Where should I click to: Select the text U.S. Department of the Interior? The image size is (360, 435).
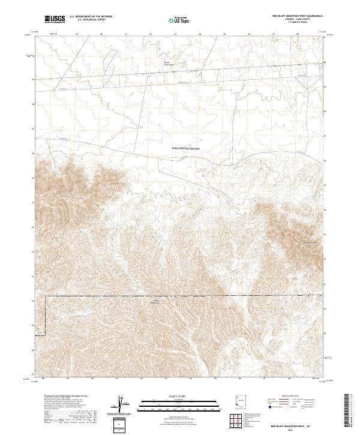[91, 17]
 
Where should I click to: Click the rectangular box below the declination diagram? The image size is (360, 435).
[121, 425]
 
